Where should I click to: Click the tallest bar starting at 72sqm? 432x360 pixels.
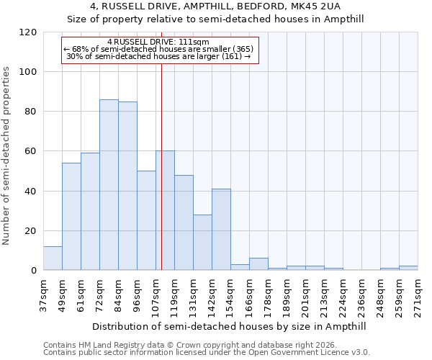109,184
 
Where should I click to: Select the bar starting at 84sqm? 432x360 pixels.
127,186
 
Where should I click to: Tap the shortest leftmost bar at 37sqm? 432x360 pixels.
53,258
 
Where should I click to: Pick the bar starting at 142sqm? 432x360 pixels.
221,229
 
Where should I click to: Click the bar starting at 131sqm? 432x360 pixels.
202,242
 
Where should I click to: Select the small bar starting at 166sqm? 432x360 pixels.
258,264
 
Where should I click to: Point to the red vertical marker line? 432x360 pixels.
161,166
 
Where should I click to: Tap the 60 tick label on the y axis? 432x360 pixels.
31,151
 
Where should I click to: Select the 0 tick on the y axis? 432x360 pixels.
33,271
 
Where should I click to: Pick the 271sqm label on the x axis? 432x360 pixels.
418,292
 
